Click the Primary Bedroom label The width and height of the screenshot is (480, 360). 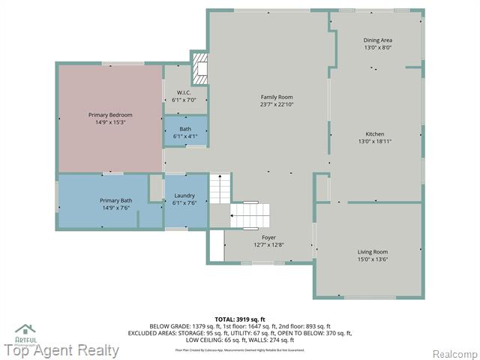point(110,115)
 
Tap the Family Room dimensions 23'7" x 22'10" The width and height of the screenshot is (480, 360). point(276,105)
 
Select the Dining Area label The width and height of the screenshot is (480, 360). point(378,40)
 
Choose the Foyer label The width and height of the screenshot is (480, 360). point(268,237)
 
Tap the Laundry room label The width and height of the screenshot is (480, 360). point(184,196)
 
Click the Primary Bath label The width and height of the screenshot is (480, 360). point(115,200)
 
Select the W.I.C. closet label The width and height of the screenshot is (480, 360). point(184,92)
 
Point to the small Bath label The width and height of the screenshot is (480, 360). point(184,129)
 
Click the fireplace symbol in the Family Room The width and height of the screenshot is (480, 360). point(200,69)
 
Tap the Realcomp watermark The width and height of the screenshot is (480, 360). point(453,353)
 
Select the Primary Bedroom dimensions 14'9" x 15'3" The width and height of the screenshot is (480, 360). point(110,122)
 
